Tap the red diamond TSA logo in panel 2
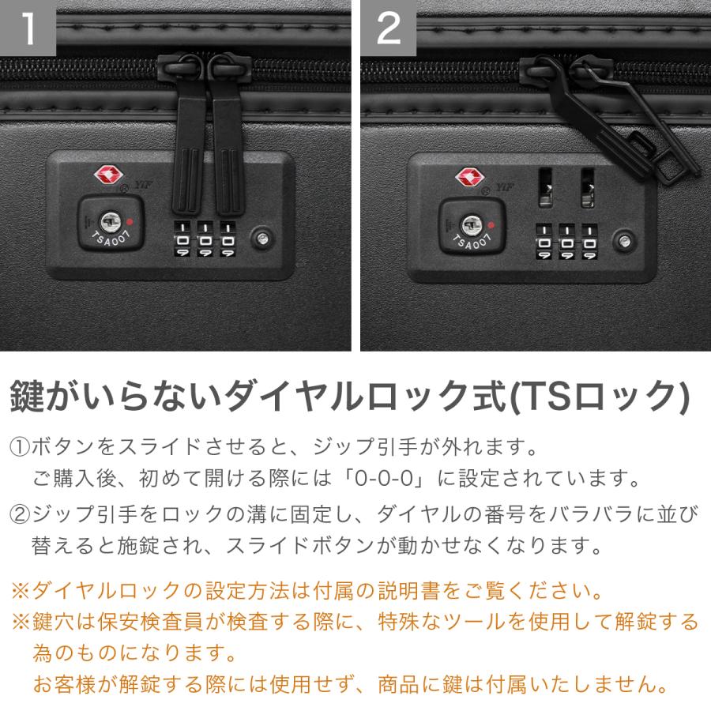coord(468,175)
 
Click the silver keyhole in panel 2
coord(472,224)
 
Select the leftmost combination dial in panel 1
coord(182,239)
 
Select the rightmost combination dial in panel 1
coord(228,239)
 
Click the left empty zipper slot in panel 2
coord(544,187)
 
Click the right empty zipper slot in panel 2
coord(587,187)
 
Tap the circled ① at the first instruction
coord(20,448)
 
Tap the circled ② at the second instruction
coord(20,516)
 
